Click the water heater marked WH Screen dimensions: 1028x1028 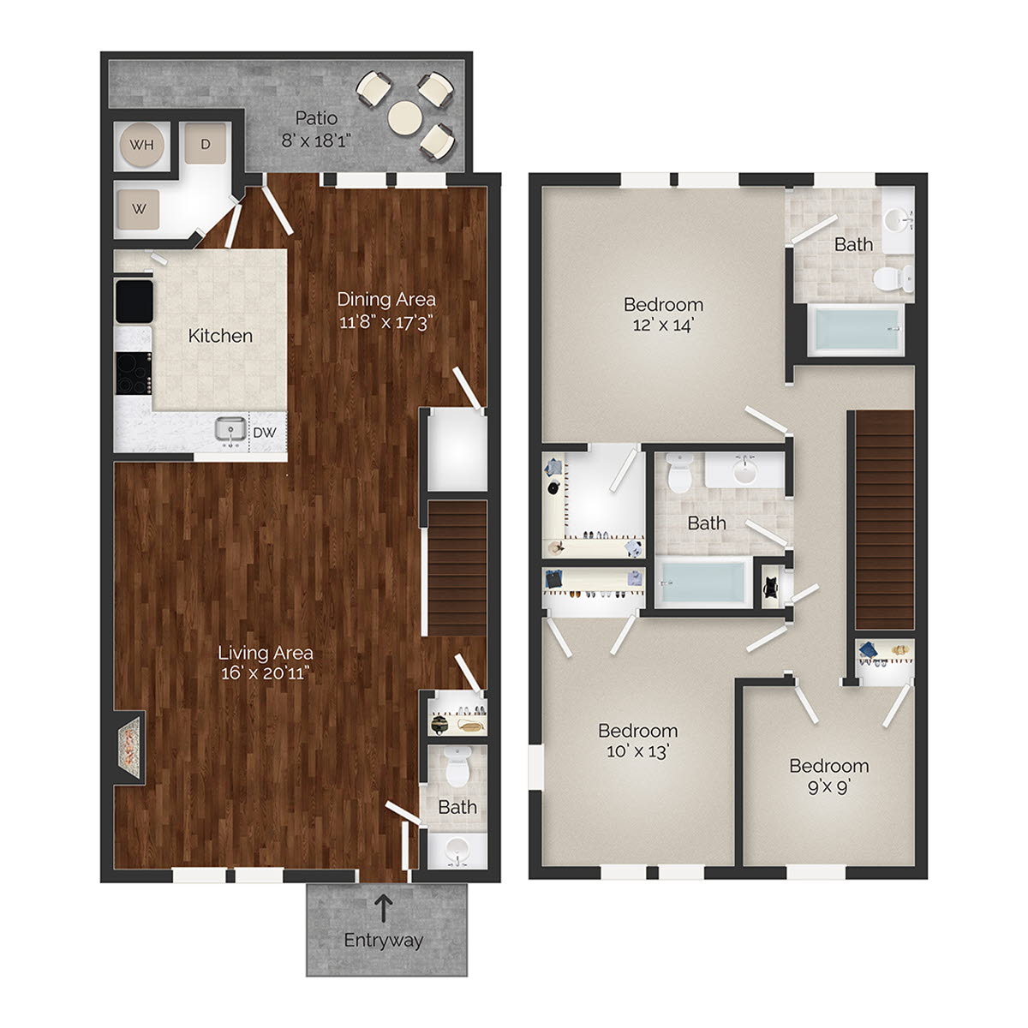pos(141,144)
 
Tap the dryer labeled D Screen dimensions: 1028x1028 pos(206,144)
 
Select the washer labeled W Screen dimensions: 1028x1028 pos(139,208)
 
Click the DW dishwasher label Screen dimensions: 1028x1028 pos(265,433)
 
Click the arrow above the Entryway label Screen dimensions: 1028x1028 pos(384,907)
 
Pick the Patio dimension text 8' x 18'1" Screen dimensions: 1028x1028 pos(316,140)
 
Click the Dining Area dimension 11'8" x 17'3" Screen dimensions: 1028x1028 pos(386,322)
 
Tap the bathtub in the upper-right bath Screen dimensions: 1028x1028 pos(857,330)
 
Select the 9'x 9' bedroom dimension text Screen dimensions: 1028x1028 pos(828,786)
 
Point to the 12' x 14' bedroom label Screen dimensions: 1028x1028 pos(663,326)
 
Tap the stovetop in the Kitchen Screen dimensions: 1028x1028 pos(134,373)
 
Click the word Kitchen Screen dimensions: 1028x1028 pos(220,336)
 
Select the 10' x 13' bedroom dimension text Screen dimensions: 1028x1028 pos(638,751)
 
